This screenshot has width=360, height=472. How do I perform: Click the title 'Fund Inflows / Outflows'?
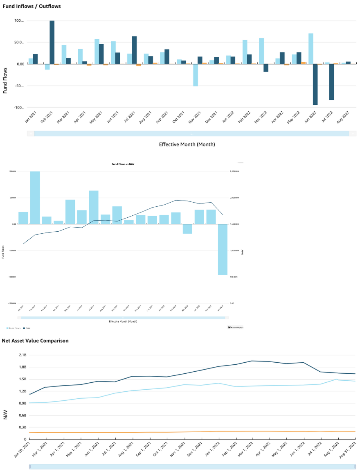[x=27, y=7]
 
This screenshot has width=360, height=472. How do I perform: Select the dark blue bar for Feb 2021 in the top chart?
[x=52, y=42]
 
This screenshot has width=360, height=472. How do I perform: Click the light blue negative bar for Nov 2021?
[x=196, y=75]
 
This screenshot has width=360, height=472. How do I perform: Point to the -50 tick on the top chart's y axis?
[x=18, y=86]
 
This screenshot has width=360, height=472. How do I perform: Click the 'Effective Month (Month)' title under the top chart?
[x=187, y=144]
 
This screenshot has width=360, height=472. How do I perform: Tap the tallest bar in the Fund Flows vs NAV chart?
[x=35, y=198]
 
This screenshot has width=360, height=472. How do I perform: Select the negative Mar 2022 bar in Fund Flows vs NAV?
[x=187, y=229]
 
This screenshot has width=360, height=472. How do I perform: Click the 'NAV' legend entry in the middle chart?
[x=27, y=328]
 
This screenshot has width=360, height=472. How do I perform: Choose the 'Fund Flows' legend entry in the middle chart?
[x=14, y=328]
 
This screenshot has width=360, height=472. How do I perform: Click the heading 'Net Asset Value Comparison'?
[x=35, y=341]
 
